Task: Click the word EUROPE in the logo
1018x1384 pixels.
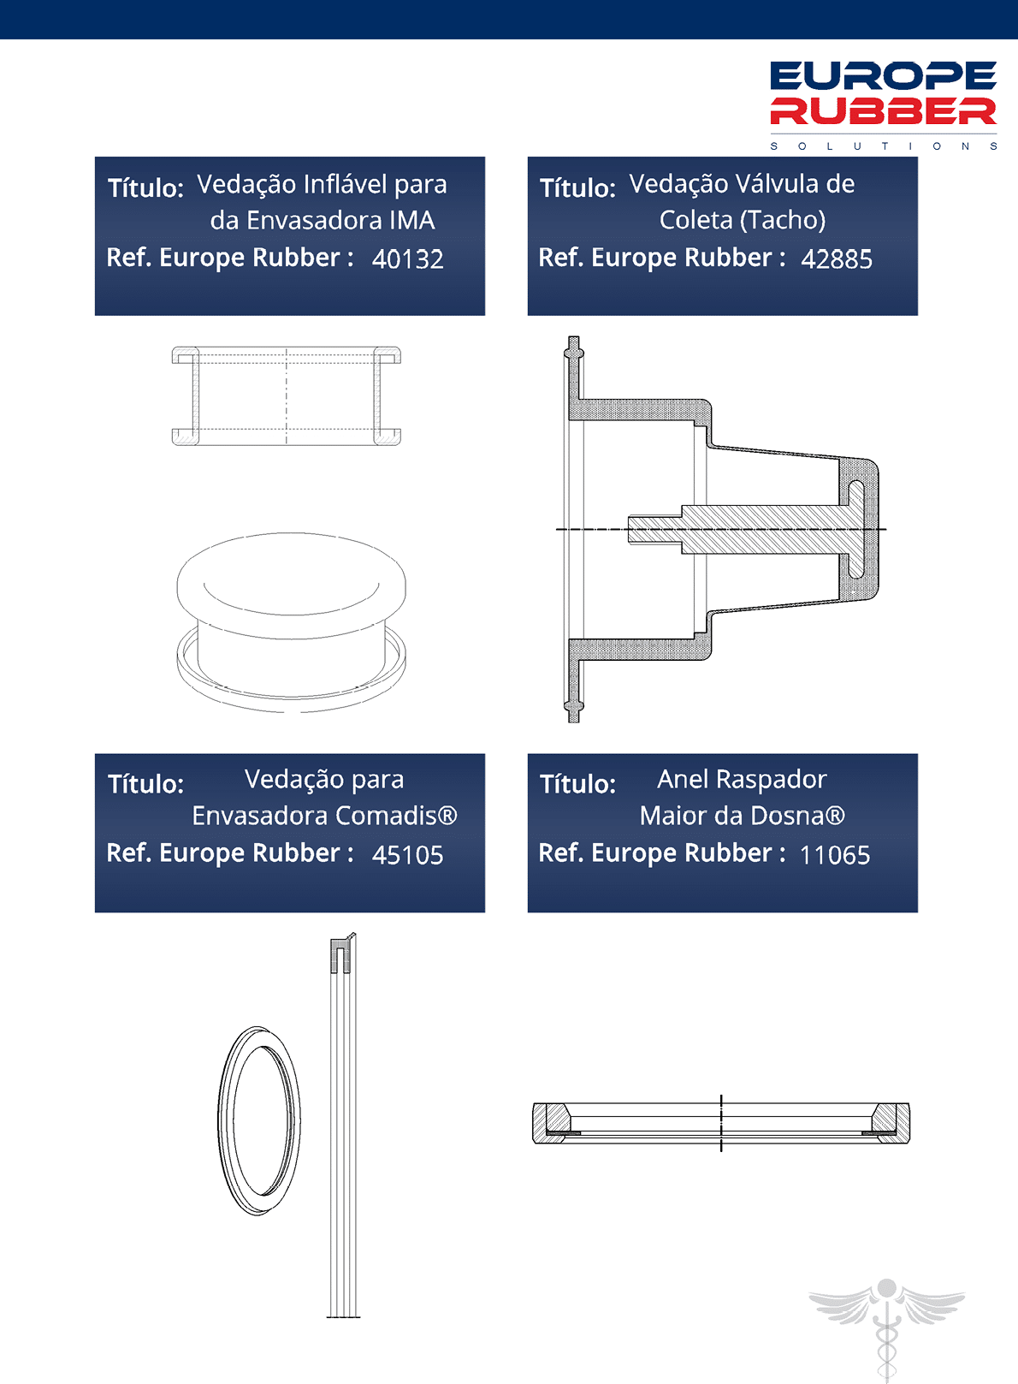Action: (x=883, y=76)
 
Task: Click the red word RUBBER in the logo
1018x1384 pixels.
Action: (x=883, y=111)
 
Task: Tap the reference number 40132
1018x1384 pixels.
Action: (x=408, y=259)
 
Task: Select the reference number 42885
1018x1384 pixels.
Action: (x=837, y=259)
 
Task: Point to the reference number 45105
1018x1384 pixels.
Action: (x=408, y=855)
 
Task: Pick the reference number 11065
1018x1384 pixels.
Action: (x=835, y=855)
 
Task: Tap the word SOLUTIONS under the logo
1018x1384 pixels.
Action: (x=884, y=146)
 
